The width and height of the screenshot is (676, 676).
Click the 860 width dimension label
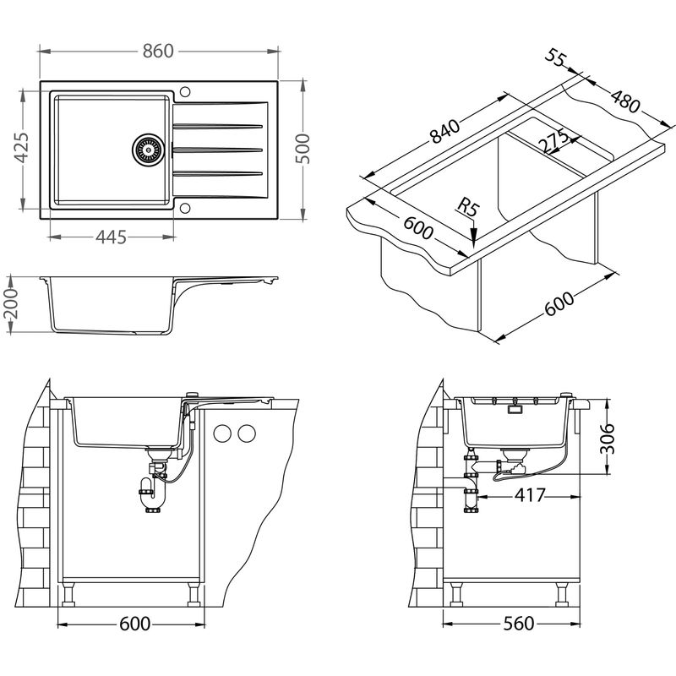click(158, 51)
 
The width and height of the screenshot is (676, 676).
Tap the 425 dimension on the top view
click(22, 148)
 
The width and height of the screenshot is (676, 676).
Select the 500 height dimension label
click(303, 149)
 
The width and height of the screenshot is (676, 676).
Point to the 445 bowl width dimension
click(111, 237)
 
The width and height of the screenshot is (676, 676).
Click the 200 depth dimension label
click(10, 304)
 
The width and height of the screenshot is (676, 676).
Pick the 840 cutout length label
click(446, 131)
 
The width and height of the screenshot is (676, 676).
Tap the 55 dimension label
click(555, 57)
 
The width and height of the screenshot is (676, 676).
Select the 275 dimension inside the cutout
click(555, 140)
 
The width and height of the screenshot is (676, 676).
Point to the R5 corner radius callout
click(468, 207)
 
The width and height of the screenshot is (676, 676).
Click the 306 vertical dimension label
click(607, 439)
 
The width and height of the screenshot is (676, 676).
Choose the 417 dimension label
click(530, 495)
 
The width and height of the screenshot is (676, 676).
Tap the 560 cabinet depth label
click(519, 624)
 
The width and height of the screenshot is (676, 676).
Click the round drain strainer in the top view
click(149, 150)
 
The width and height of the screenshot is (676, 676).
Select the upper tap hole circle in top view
click(185, 91)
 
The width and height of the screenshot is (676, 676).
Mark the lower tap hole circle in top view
click(185, 208)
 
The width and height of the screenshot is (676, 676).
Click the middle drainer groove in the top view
click(217, 150)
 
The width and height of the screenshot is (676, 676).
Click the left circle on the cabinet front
click(223, 433)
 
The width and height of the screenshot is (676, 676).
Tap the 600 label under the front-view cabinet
click(134, 624)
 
